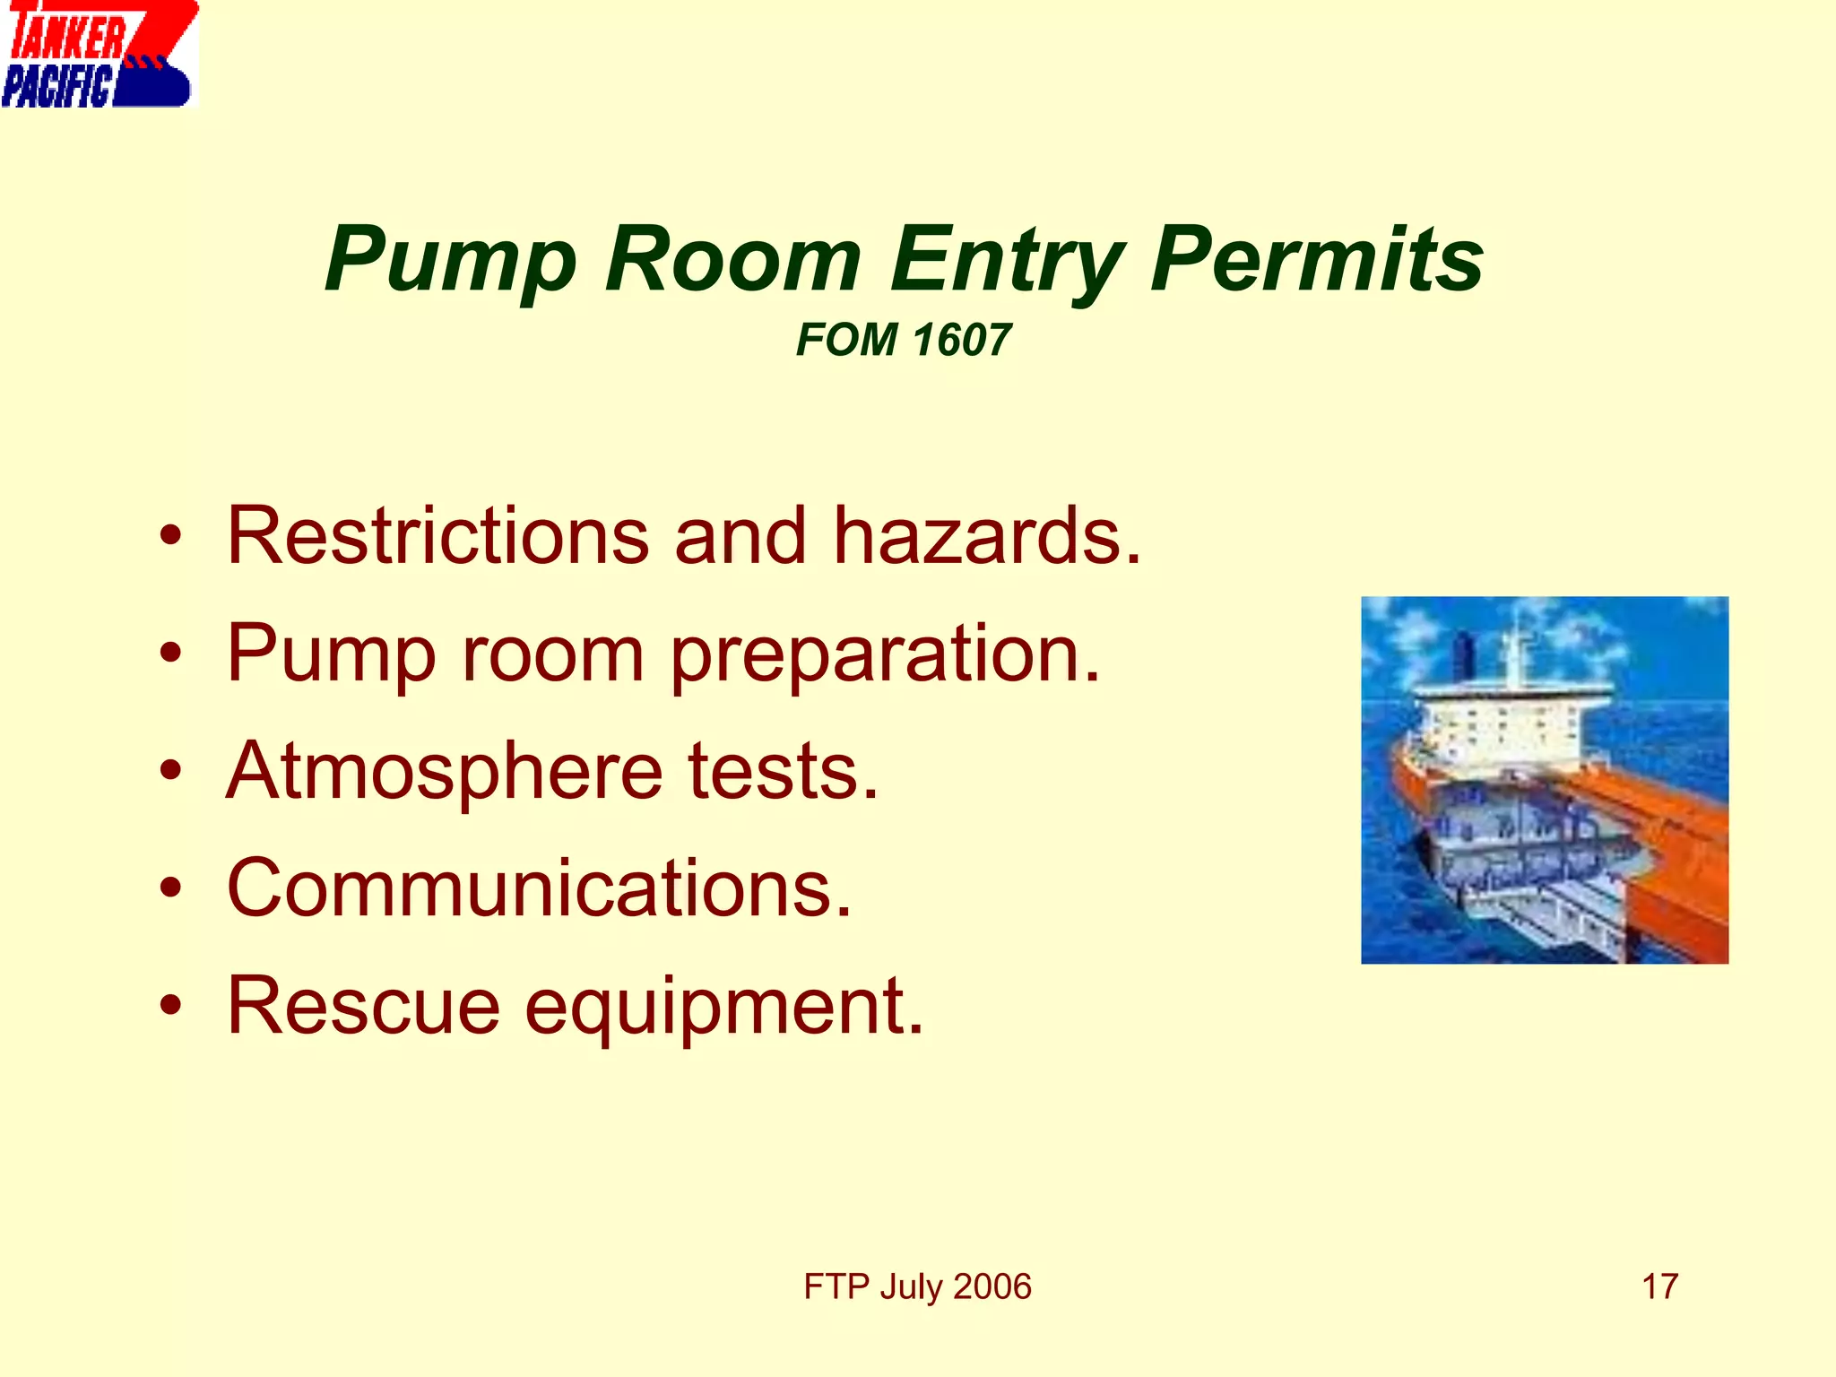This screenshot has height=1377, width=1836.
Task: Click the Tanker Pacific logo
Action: click(99, 54)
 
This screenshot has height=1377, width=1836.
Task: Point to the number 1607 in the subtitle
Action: click(961, 341)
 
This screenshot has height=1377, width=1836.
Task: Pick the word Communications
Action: click(539, 888)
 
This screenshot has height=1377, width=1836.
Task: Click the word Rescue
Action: click(363, 1006)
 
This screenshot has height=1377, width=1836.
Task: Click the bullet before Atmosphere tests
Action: click(170, 770)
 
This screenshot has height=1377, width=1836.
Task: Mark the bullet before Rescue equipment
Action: click(170, 1005)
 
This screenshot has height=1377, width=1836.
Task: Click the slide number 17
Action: click(1659, 1286)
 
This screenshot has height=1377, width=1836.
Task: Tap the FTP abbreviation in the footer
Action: click(836, 1286)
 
